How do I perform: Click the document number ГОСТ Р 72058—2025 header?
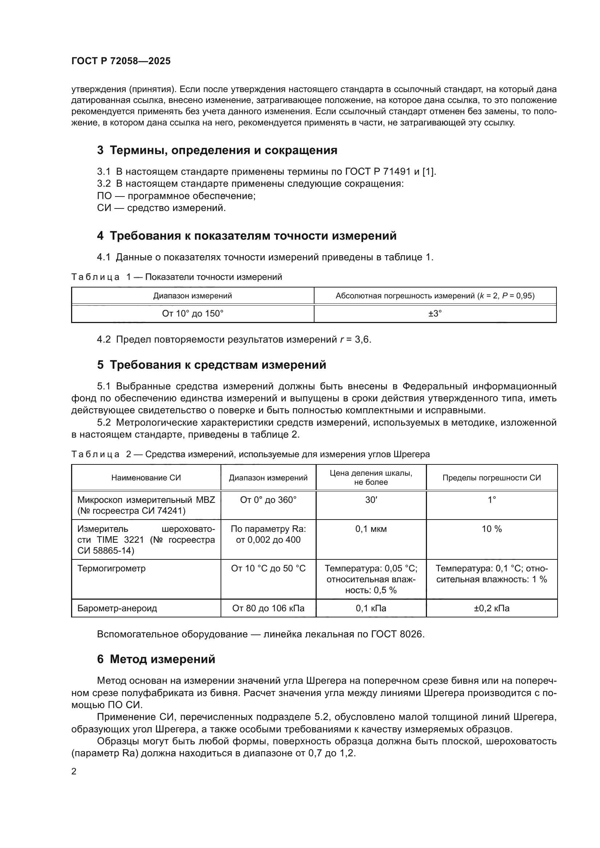[x=121, y=61]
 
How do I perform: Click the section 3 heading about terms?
[x=217, y=150]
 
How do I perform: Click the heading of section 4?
[x=247, y=236]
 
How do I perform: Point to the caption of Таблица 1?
[x=177, y=277]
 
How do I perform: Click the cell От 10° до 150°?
[x=193, y=314]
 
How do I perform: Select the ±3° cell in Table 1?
[x=435, y=314]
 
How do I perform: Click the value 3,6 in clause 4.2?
[x=362, y=339]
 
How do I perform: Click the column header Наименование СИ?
[x=146, y=477]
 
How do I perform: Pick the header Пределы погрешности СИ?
[x=492, y=477]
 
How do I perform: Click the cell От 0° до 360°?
[x=268, y=500]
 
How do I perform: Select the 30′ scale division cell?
[x=371, y=500]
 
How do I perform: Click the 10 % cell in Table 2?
[x=492, y=529]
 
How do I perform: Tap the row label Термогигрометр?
[x=111, y=568]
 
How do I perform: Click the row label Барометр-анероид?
[x=117, y=608]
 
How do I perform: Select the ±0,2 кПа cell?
[x=492, y=608]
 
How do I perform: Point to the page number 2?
[x=74, y=772]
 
